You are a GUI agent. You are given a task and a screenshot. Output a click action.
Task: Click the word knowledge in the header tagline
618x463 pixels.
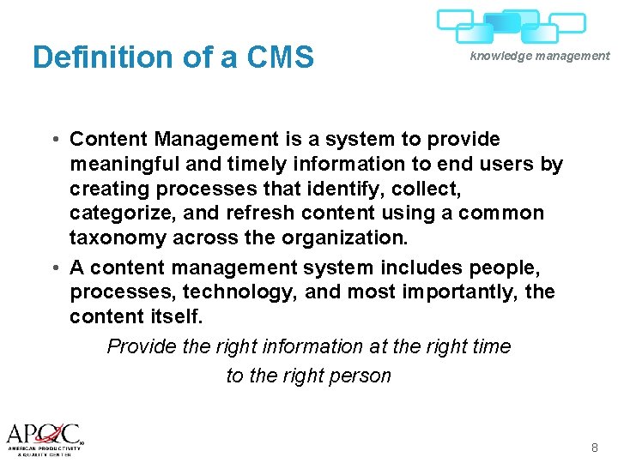[500, 56]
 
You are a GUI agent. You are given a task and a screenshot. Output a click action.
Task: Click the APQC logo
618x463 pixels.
[45, 436]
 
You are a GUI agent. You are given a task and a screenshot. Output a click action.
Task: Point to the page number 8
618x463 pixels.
[595, 448]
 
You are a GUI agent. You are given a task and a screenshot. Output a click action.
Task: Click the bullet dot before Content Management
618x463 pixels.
[54, 140]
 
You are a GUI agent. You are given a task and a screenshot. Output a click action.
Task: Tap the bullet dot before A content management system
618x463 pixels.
[54, 269]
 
